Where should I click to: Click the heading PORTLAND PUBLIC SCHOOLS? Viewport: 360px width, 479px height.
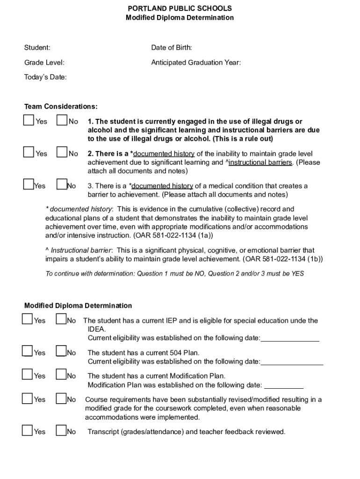[x=180, y=8]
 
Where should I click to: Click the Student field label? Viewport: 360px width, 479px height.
[x=37, y=48]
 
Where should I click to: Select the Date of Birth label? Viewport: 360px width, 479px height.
[x=172, y=48]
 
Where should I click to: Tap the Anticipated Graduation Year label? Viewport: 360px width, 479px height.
[x=196, y=63]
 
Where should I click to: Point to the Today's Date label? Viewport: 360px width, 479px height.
[x=45, y=77]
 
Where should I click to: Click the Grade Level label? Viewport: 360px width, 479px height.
[x=44, y=63]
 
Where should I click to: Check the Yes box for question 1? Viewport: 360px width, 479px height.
[x=29, y=121]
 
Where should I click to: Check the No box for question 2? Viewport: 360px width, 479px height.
[x=62, y=152]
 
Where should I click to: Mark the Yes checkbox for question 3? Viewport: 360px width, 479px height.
[x=29, y=185]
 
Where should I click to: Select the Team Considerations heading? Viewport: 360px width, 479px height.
[x=61, y=107]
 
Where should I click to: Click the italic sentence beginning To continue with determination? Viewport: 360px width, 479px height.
[x=174, y=274]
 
